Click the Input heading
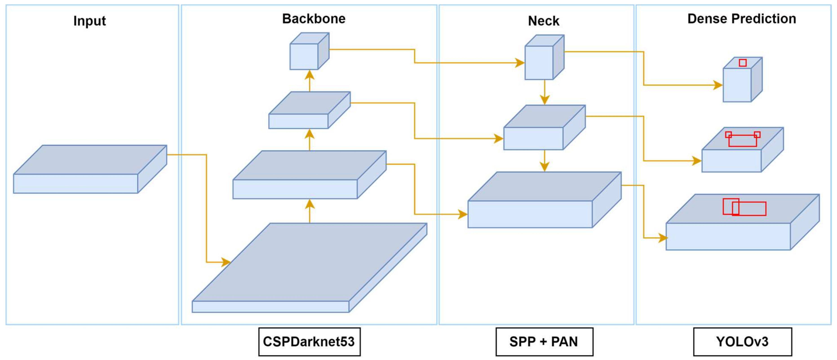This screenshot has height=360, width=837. tap(89, 21)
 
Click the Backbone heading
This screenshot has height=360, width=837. tap(314, 19)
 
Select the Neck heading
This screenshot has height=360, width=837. tap(544, 21)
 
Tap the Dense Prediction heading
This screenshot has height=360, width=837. tap(742, 19)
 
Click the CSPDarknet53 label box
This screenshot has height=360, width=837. tap(309, 342)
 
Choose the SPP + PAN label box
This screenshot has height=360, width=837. tap(544, 342)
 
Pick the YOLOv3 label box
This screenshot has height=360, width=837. tap(742, 342)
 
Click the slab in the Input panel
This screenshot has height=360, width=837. tap(90, 169)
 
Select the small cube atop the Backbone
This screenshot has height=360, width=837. tap(309, 51)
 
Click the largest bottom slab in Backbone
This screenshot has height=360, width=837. tap(309, 268)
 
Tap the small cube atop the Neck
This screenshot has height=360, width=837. tap(544, 57)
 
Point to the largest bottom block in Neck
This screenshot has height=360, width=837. tap(544, 200)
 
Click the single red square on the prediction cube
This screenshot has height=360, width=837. tap(742, 63)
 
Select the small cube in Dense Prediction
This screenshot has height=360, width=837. tap(742, 80)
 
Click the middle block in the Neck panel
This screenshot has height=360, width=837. tap(544, 127)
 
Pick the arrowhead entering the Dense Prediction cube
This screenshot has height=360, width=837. tap(718, 85)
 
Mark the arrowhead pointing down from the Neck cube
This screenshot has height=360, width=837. tap(545, 99)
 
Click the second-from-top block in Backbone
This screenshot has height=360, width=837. tap(309, 110)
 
